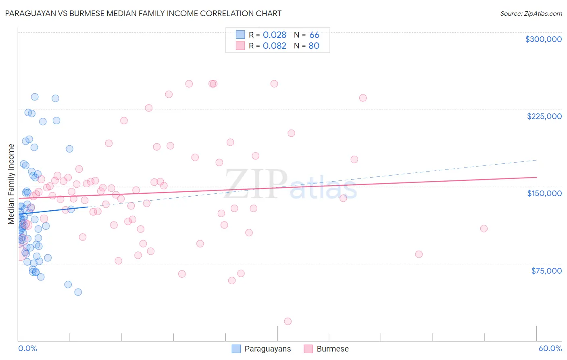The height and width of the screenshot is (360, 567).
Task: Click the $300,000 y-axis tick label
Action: coord(543,39)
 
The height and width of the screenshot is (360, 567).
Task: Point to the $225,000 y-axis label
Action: coord(544,116)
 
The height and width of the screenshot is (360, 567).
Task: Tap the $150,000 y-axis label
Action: coord(544,193)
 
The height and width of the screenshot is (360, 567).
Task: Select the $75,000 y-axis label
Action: coord(546,271)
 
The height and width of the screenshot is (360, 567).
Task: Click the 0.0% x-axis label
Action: coord(27,348)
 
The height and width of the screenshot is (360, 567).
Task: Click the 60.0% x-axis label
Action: coord(550,348)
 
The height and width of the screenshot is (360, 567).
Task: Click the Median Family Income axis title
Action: coord(11,184)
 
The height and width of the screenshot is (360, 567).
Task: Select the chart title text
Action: coord(143,13)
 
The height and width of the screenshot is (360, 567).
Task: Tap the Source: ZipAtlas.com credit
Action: coord(531,14)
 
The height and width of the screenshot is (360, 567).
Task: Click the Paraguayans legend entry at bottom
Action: coord(267,349)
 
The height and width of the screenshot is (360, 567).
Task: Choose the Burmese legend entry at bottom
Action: coord(332,349)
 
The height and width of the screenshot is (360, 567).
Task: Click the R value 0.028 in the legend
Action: coord(274,35)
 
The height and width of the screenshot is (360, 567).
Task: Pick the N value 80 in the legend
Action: coord(314,46)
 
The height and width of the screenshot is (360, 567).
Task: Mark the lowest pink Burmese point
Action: coord(288,321)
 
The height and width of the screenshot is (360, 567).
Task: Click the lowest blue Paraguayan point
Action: coord(78,292)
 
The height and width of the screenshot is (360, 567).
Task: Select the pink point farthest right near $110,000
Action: coord(484,228)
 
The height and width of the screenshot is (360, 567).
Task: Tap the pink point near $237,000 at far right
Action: coord(363,98)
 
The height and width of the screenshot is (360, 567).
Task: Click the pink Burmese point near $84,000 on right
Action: coord(419,254)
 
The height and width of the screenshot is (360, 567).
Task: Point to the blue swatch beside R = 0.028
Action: coord(240,35)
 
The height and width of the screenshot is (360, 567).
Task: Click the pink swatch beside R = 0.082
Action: coord(240,46)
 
